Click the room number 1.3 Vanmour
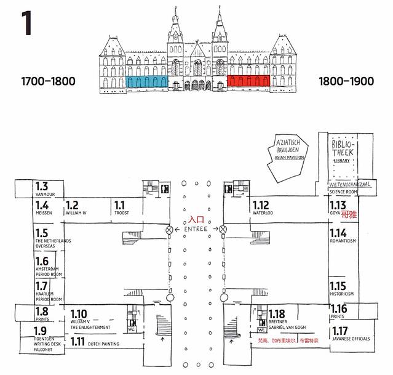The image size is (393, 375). (x=41, y=187)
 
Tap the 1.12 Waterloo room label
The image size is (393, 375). (x=261, y=206)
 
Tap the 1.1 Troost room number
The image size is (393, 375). (x=119, y=205)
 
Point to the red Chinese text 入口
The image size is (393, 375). (x=196, y=219)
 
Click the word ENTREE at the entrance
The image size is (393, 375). (x=196, y=229)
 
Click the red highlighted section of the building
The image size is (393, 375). (x=244, y=81)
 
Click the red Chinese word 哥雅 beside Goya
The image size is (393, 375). (x=349, y=216)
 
